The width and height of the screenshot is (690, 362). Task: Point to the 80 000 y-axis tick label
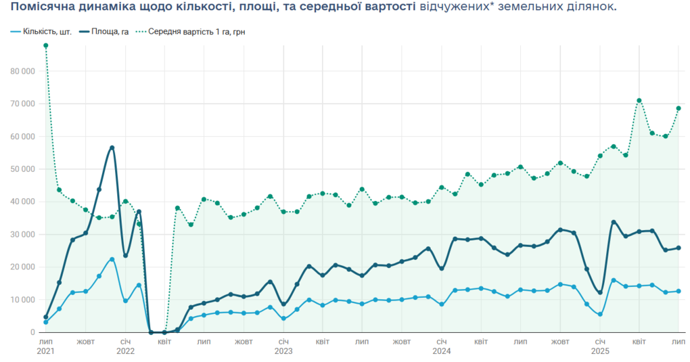click(x=22, y=71)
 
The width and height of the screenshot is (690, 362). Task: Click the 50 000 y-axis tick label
click(x=22, y=169)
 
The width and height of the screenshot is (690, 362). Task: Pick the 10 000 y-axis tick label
click(x=22, y=300)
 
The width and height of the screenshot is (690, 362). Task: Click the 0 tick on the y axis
click(x=32, y=332)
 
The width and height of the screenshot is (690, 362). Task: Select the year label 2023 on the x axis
click(x=283, y=352)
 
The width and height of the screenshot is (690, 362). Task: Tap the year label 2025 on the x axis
click(x=599, y=352)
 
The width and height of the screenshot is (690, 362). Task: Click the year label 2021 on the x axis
click(x=45, y=352)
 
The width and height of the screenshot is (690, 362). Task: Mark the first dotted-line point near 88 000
click(x=45, y=45)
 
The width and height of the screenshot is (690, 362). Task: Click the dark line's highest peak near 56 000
click(x=112, y=148)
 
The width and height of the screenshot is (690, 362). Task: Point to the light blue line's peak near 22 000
click(x=112, y=259)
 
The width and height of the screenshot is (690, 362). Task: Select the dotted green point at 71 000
click(x=639, y=101)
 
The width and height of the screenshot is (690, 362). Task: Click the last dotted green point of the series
click(x=678, y=108)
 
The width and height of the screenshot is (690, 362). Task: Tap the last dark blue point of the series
click(x=678, y=248)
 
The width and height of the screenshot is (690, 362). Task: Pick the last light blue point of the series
click(x=678, y=291)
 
